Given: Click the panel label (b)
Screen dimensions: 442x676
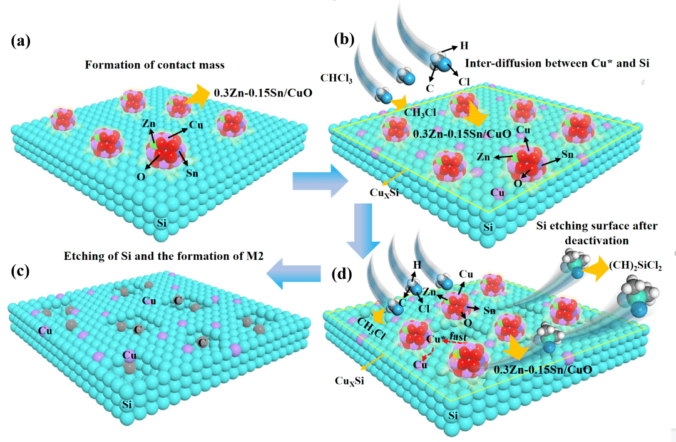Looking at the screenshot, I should pyautogui.click(x=344, y=39).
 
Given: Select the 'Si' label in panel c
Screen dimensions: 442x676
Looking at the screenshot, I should pyautogui.click(x=128, y=404).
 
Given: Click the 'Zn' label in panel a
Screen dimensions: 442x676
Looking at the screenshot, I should pyautogui.click(x=148, y=124).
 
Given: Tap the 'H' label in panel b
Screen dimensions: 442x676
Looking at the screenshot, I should pyautogui.click(x=464, y=46).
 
